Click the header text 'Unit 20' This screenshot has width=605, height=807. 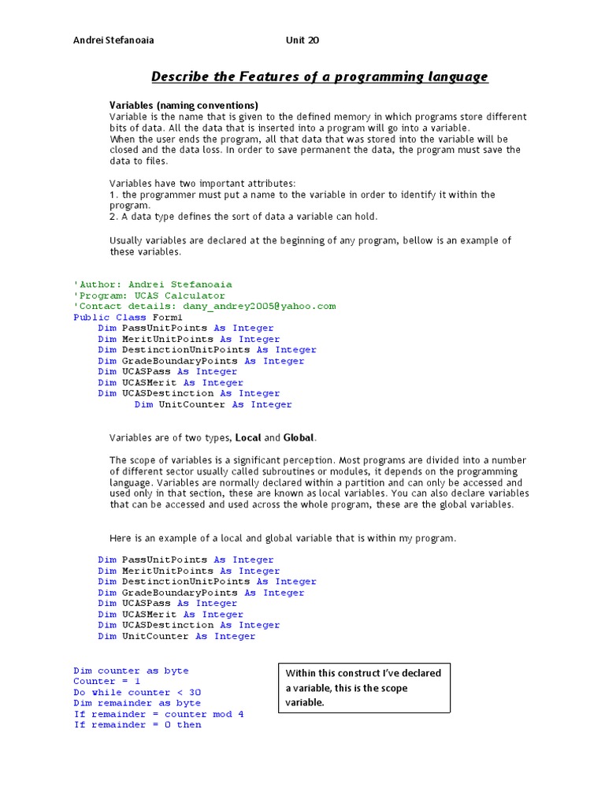[x=303, y=41]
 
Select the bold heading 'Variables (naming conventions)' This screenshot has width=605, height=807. [x=184, y=105]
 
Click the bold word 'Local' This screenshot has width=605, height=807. [x=248, y=437]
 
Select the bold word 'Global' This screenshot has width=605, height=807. [x=299, y=437]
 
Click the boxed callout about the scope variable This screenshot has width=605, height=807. [x=364, y=687]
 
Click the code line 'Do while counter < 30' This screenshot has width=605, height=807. [x=137, y=692]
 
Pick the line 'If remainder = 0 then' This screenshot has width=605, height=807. [x=137, y=724]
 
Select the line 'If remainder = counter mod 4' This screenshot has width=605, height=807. [x=158, y=714]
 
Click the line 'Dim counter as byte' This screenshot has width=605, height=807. [x=131, y=671]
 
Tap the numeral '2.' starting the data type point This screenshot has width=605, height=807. [x=113, y=216]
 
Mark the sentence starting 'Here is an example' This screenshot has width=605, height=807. [x=282, y=538]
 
